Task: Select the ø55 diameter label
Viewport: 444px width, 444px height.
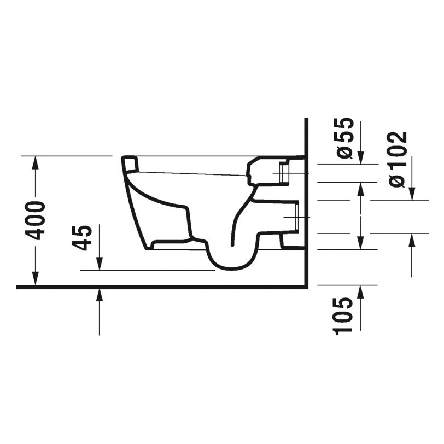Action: pyautogui.click(x=346, y=138)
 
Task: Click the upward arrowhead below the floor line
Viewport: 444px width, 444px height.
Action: pyautogui.click(x=99, y=295)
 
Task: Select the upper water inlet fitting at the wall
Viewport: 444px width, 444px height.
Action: pyautogui.click(x=284, y=173)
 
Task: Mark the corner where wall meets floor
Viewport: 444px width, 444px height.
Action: pyautogui.click(x=307, y=287)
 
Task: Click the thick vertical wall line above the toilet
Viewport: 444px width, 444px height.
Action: pyautogui.click(x=307, y=137)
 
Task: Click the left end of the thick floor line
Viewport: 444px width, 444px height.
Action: pyautogui.click(x=19, y=287)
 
